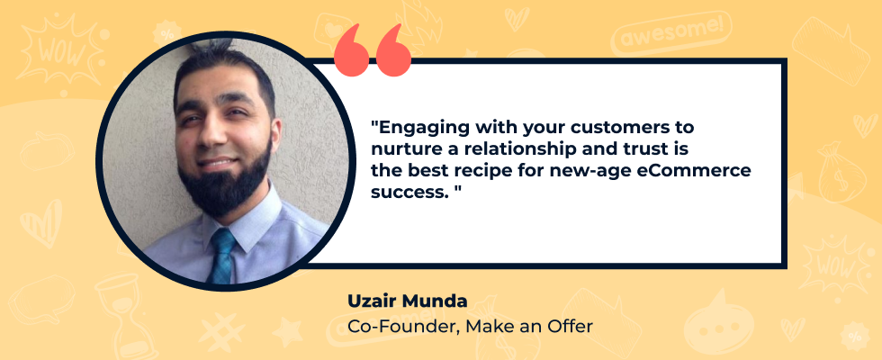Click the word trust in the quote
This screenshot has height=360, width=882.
(629, 149)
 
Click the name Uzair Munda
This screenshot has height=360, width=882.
(407, 301)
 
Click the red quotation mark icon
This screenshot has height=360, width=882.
(372, 49)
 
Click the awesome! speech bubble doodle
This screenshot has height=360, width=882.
(670, 33)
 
